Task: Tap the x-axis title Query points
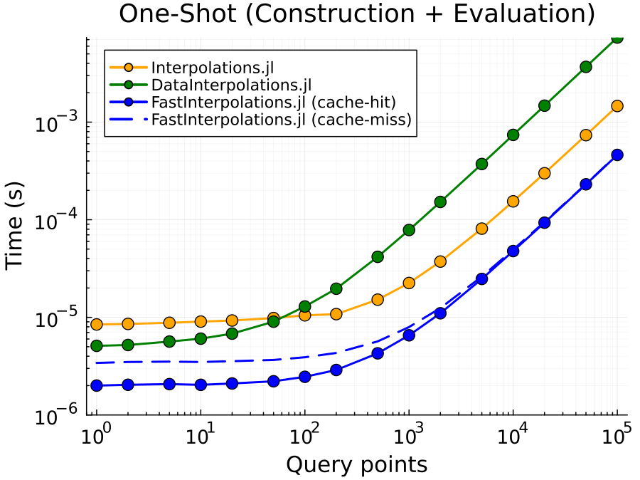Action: click(x=356, y=464)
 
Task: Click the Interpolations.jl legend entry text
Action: click(x=213, y=68)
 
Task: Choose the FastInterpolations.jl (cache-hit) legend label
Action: click(x=273, y=103)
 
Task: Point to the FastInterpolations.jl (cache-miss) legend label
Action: click(x=282, y=120)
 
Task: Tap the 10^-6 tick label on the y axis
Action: click(x=56, y=417)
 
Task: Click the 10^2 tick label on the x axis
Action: click(x=304, y=437)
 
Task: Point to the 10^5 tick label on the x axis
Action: click(x=617, y=437)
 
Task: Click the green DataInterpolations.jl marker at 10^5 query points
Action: click(x=617, y=38)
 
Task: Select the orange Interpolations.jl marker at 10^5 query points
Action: click(x=617, y=105)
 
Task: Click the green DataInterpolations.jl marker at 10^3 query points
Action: click(x=409, y=229)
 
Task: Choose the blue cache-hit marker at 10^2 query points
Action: click(x=304, y=377)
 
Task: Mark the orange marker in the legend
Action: click(x=128, y=68)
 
